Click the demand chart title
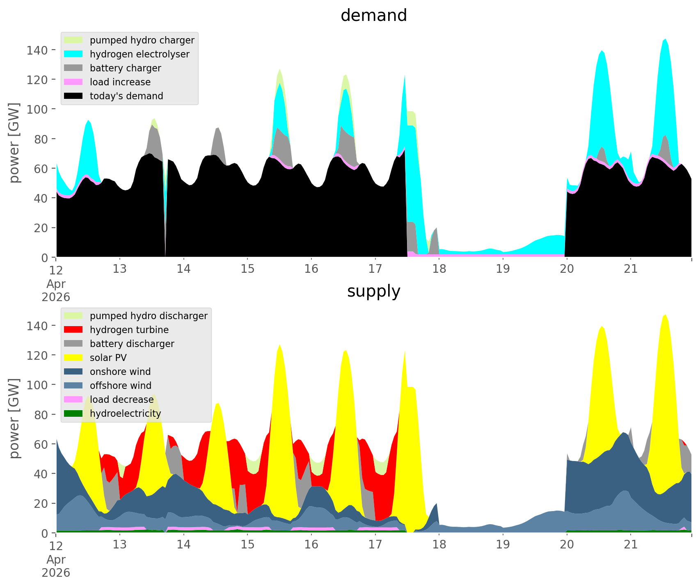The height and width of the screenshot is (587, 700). coord(373,16)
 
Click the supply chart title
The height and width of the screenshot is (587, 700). coord(373,291)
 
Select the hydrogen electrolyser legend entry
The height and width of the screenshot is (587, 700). coord(127,54)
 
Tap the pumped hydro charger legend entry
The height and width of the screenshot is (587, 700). coord(130,40)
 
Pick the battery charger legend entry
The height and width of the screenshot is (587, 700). coord(113,68)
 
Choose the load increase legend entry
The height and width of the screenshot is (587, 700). coord(108,82)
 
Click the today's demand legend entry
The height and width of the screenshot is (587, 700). coord(114,96)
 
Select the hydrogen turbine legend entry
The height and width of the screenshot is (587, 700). coord(117,330)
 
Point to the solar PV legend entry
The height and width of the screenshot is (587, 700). coord(96,358)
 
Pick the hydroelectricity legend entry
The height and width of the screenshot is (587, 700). coord(113,413)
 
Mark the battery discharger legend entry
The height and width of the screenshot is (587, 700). coord(119,344)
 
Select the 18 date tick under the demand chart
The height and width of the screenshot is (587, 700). coord(439,269)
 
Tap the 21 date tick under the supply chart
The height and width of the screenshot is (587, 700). coord(631,545)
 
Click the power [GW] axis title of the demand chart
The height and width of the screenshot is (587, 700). coord(15,143)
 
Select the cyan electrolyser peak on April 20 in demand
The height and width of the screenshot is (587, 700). coord(602,51)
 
